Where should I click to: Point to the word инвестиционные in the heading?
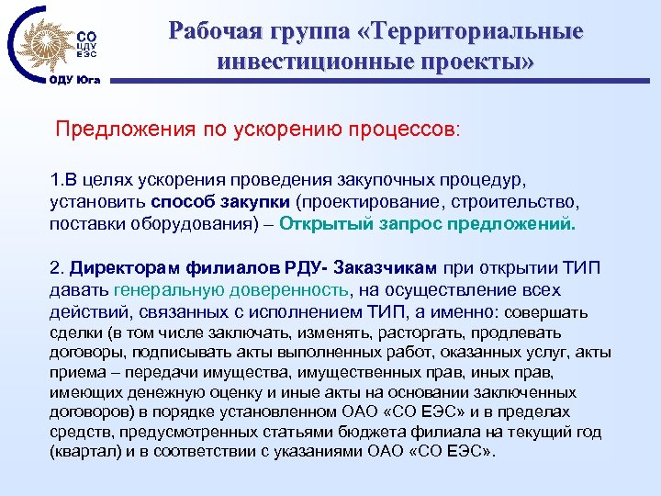click(x=311, y=62)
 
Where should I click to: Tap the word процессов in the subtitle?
click(x=414, y=128)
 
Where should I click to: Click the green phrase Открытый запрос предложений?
click(x=428, y=223)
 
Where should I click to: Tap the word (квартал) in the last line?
click(x=83, y=453)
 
